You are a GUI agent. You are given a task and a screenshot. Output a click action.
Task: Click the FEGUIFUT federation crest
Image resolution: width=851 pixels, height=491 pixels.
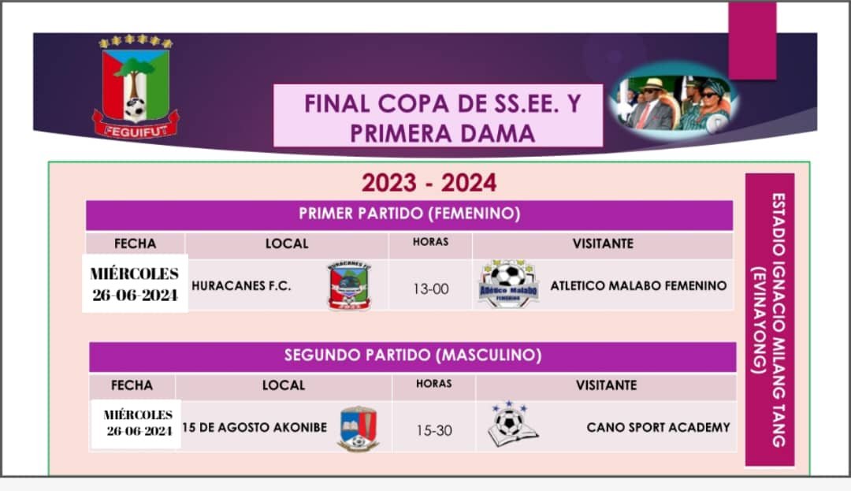pos(136,87)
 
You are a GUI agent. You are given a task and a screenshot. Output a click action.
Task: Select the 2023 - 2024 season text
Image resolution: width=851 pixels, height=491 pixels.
pos(429,183)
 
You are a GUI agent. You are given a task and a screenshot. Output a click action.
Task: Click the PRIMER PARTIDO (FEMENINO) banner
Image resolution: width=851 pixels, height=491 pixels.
pos(409,214)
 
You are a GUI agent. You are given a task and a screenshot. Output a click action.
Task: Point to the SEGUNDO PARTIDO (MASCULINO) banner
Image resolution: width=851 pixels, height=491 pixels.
pos(412,356)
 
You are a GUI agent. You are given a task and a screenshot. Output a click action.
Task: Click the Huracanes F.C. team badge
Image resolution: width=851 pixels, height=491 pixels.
pos(350,285)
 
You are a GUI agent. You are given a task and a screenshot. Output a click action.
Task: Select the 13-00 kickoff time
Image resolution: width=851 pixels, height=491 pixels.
pos(431,289)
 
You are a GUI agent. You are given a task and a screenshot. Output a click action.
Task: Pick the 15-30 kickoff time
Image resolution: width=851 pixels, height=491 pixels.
pos(434,431)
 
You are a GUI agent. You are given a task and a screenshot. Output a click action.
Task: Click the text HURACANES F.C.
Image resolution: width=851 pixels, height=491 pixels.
pos(241,286)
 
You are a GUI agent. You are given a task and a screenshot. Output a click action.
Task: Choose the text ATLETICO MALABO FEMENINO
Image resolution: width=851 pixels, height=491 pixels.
pos(638,286)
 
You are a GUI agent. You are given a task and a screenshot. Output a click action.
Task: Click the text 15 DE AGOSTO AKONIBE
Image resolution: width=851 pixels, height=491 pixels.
pos(255,427)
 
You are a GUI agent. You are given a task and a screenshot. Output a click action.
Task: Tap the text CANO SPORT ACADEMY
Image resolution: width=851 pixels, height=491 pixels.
pos(658,427)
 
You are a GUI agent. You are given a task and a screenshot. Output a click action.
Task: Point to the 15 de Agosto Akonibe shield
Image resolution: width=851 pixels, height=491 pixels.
pos(358,429)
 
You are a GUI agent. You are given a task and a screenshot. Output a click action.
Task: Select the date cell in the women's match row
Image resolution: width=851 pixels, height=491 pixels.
pos(135,284)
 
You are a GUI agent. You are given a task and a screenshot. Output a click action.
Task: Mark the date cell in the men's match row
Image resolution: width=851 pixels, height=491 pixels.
pos(136,424)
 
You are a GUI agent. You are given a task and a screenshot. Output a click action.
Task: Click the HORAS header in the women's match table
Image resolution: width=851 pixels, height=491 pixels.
pos(430,242)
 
